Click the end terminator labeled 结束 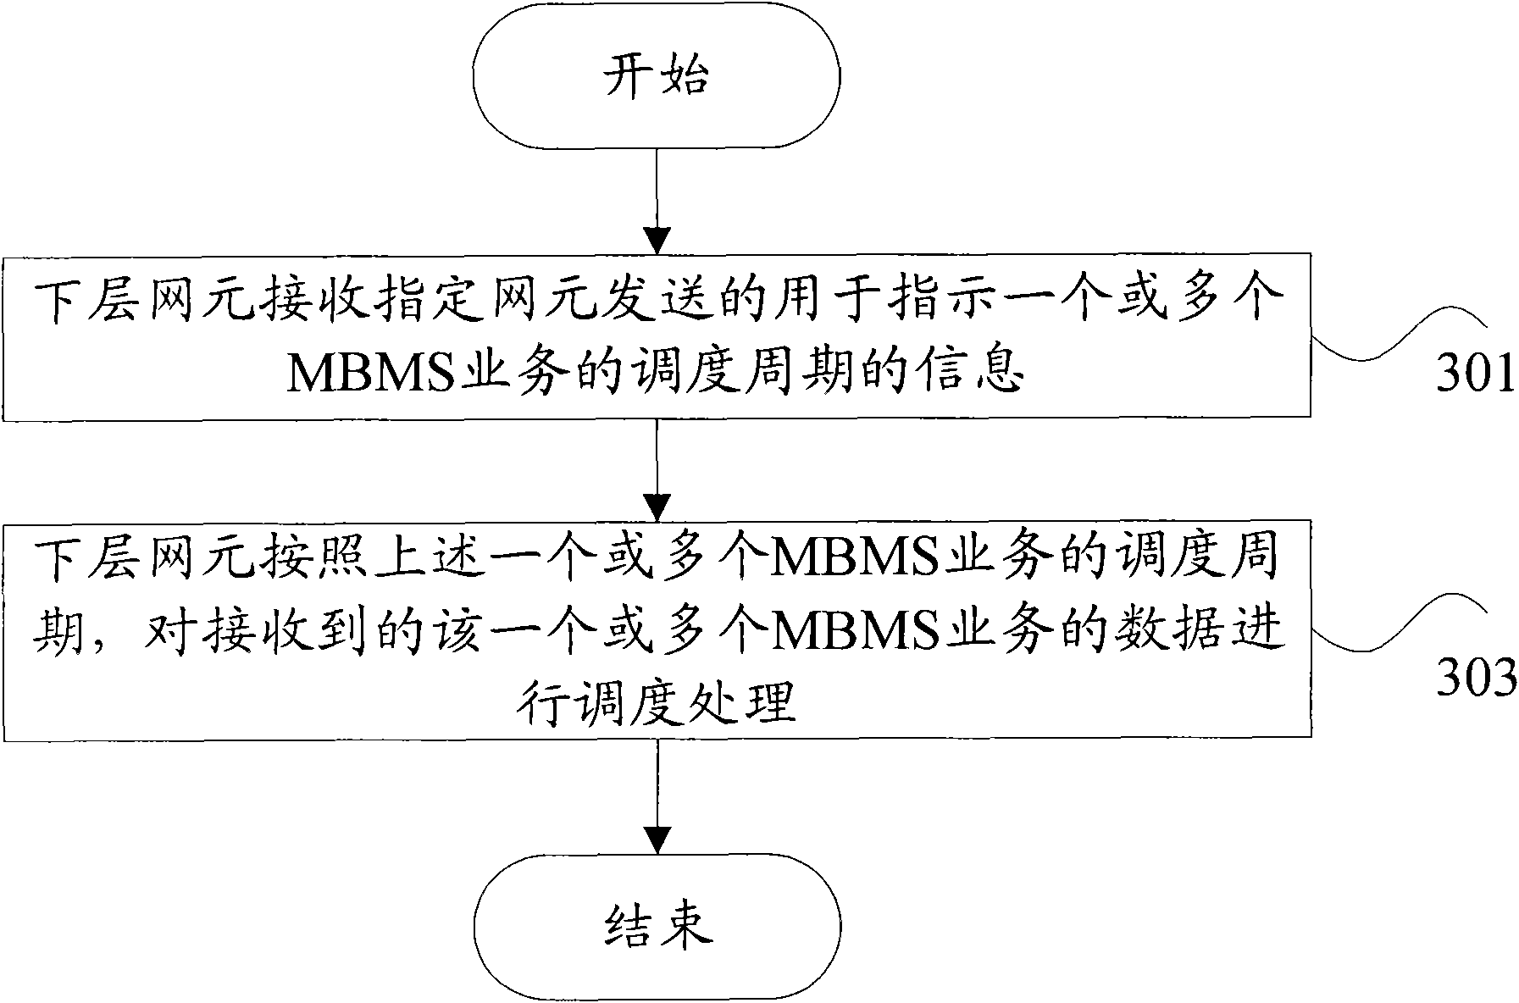click(x=657, y=927)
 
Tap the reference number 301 click(x=1475, y=374)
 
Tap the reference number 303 click(x=1475, y=679)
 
